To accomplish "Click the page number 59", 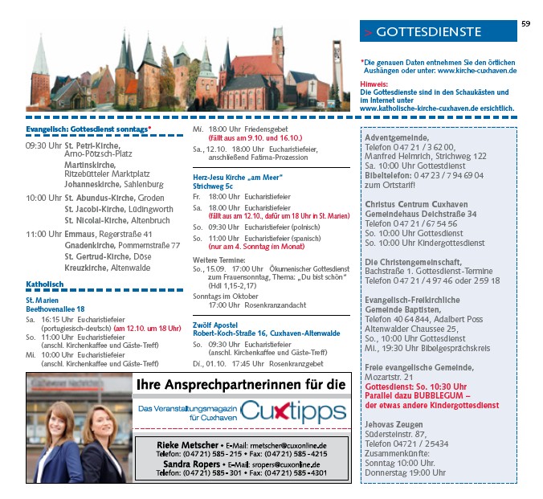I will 525,24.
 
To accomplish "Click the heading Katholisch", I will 44,284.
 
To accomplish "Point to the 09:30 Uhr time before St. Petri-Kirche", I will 43,145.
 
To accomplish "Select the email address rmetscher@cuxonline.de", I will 288,445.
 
